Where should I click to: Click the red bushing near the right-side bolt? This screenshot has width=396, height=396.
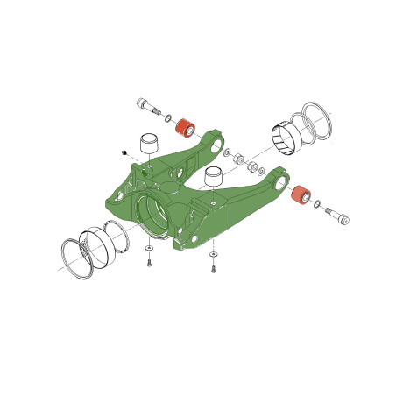click(300, 194)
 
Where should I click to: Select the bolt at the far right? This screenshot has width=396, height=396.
click(341, 217)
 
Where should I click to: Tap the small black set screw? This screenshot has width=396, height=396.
click(125, 152)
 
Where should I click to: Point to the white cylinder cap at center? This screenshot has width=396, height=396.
click(213, 179)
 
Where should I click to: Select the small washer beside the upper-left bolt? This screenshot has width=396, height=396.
click(167, 117)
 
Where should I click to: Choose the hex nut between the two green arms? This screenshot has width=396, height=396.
click(249, 167)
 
